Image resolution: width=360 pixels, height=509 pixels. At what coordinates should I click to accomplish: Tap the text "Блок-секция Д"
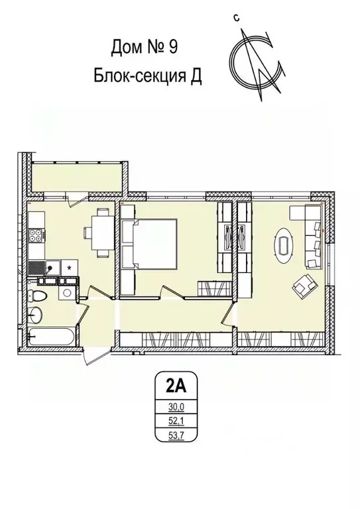[x=147, y=76]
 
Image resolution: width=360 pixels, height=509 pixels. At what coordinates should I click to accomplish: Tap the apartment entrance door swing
[x=91, y=348]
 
